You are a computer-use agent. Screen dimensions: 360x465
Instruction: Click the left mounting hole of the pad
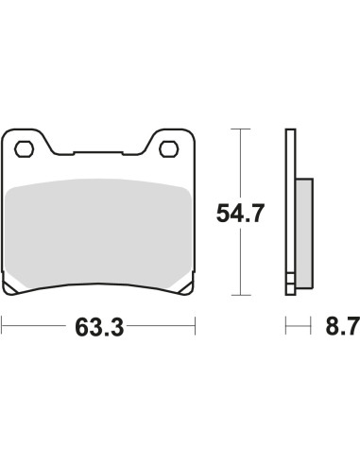pyautogui.click(x=24, y=149)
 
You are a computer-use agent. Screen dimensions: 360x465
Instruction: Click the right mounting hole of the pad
pyautogui.click(x=169, y=149)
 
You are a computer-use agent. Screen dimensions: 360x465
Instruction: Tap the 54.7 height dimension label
pyautogui.click(x=240, y=214)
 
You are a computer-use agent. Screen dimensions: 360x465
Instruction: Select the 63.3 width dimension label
pyautogui.click(x=99, y=327)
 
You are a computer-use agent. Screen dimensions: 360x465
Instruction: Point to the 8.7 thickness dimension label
pyautogui.click(x=343, y=326)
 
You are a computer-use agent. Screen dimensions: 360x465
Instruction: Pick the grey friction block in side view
pyautogui.click(x=304, y=233)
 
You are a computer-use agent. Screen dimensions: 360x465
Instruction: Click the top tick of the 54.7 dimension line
pyautogui.click(x=241, y=129)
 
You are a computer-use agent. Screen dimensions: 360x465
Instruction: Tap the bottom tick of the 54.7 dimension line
pyautogui.click(x=241, y=295)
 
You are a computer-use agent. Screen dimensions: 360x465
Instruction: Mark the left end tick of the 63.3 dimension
pyautogui.click(x=2, y=326)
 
